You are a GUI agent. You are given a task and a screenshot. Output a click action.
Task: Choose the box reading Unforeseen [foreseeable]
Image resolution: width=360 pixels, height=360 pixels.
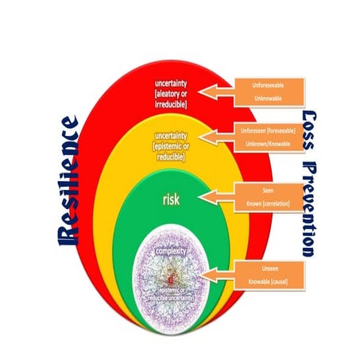click(x=268, y=130)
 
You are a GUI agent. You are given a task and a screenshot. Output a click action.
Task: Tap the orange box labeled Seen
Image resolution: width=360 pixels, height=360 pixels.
click(x=267, y=192)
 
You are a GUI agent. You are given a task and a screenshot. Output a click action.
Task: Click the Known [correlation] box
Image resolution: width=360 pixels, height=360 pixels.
click(x=267, y=206)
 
